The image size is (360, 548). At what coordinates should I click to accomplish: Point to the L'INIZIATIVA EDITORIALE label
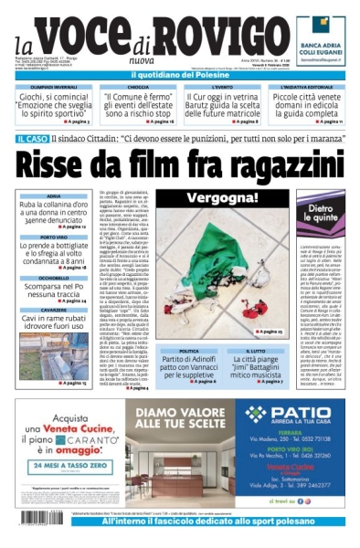pyautogui.click(x=305, y=86)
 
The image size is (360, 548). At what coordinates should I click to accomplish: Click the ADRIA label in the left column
pyautogui.click(x=53, y=196)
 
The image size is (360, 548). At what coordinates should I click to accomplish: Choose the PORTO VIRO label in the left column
pyautogui.click(x=53, y=236)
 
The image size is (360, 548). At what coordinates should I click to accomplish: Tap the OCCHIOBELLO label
pyautogui.click(x=53, y=277)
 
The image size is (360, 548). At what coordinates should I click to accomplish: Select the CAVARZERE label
pyautogui.click(x=53, y=310)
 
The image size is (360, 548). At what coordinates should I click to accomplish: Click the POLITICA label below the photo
pyautogui.click(x=188, y=351)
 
